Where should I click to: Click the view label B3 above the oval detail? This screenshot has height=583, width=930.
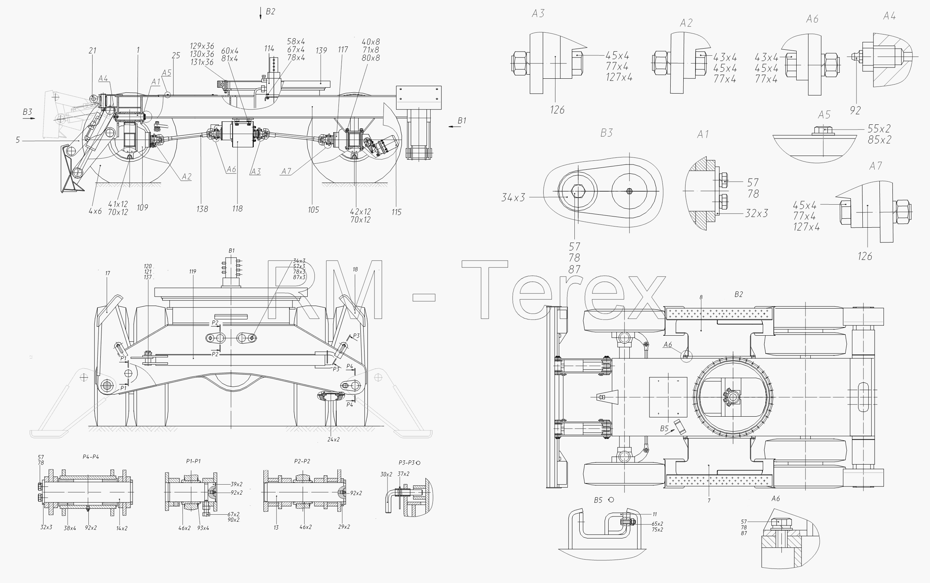pos(606,133)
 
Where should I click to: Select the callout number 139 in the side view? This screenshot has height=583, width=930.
pos(321,51)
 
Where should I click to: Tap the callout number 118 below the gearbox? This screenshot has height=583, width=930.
pos(237,209)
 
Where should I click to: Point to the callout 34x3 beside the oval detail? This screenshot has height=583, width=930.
pos(513,198)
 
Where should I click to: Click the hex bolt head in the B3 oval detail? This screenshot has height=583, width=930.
pos(577,191)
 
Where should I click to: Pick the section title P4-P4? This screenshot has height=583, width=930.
pos(91,457)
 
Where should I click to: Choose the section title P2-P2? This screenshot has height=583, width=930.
pos(302,461)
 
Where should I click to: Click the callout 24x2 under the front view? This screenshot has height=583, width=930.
pos(333,440)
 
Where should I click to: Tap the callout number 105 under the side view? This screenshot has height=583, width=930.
pos(313,210)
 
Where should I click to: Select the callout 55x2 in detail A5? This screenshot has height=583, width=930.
pos(879,128)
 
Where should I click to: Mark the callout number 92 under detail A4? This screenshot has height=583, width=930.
pos(855,110)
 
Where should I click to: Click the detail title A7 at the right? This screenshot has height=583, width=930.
pos(875,166)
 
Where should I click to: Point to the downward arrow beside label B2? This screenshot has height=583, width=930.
pos(261,13)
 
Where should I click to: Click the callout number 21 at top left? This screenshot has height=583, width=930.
pos(93,51)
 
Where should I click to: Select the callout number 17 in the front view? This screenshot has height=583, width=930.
pos(108,273)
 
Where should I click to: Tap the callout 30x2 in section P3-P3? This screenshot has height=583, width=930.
pos(386,474)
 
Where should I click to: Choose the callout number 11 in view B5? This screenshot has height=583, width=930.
pos(655,514)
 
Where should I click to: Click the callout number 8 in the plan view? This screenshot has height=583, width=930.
pos(701,297)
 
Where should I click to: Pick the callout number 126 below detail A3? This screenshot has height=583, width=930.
pos(557,110)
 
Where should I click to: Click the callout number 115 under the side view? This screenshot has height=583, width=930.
pos(396,212)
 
